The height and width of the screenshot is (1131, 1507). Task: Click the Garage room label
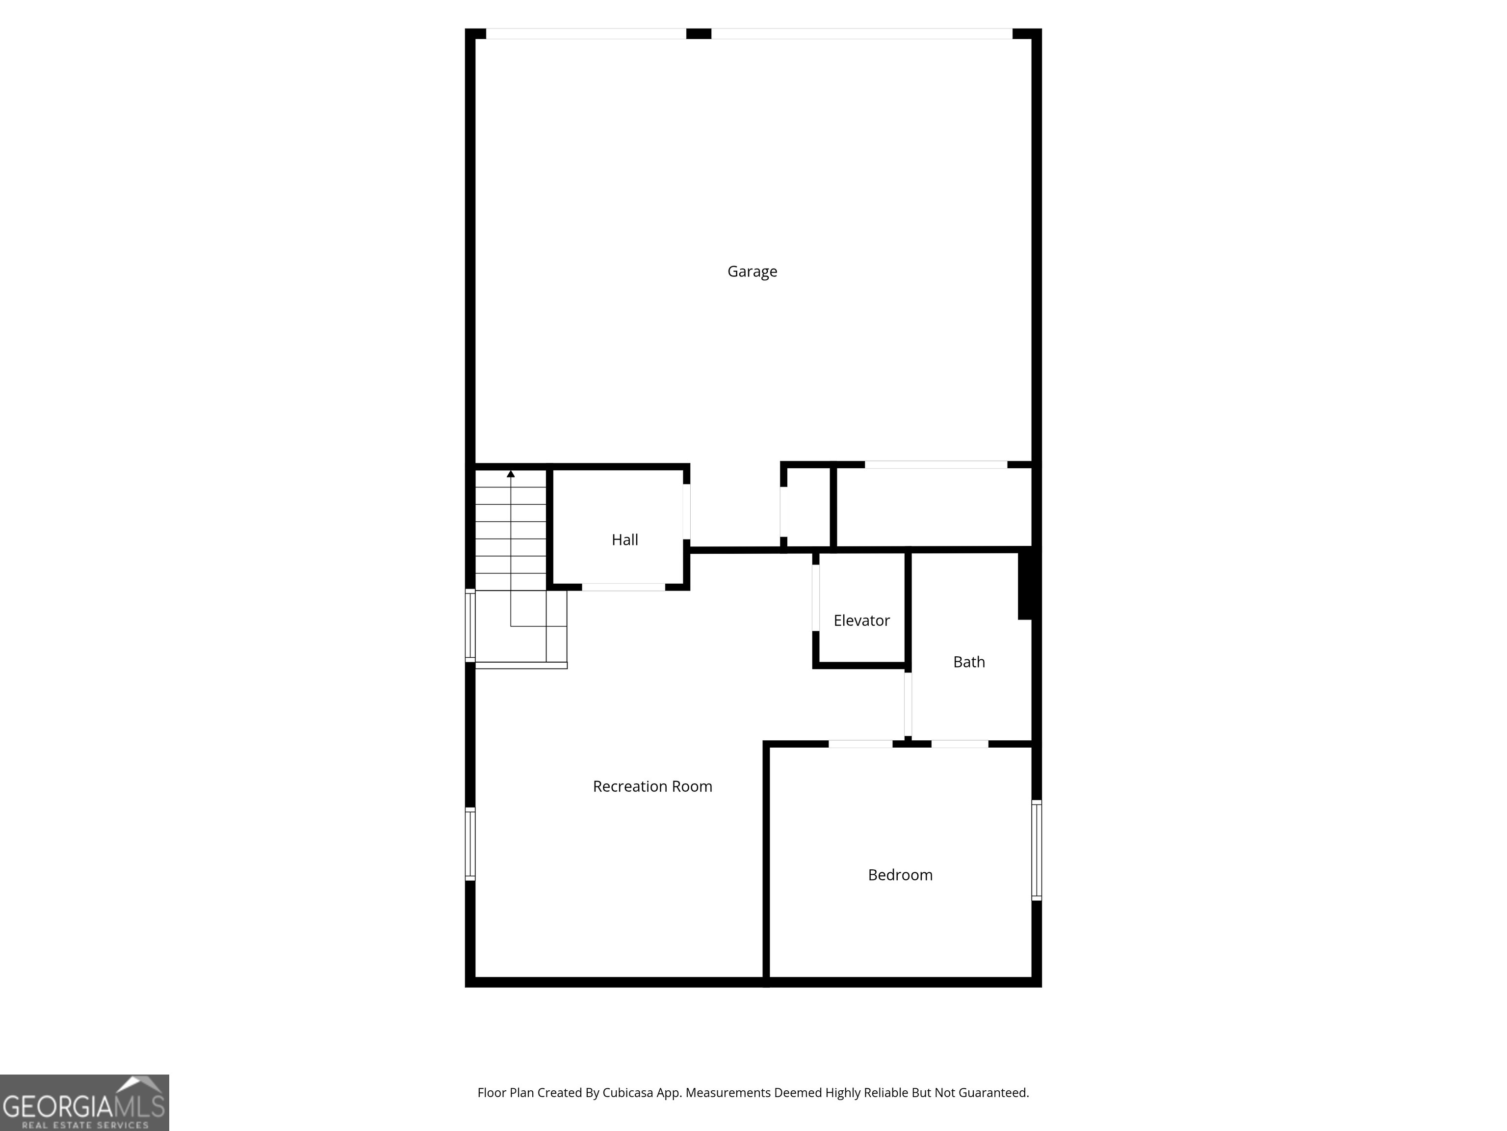pyautogui.click(x=752, y=271)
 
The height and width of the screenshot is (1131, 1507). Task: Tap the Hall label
pyautogui.click(x=625, y=540)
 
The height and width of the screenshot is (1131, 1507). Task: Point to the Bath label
pyautogui.click(x=969, y=662)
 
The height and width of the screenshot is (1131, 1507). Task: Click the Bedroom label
pyautogui.click(x=900, y=875)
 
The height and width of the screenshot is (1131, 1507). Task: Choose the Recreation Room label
pyautogui.click(x=652, y=786)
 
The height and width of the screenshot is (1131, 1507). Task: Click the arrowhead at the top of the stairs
pyautogui.click(x=511, y=474)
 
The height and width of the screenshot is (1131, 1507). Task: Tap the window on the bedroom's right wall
pyautogui.click(x=1036, y=850)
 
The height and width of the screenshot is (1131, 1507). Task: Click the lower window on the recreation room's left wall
pyautogui.click(x=470, y=843)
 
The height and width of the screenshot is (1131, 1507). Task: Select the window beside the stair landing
pyautogui.click(x=470, y=625)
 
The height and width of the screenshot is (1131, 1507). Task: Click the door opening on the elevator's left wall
pyautogui.click(x=815, y=598)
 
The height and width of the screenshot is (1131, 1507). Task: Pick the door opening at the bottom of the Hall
pyautogui.click(x=624, y=587)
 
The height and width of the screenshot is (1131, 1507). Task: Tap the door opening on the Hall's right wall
pyautogui.click(x=687, y=512)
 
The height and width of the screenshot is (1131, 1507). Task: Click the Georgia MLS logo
pyautogui.click(x=84, y=1103)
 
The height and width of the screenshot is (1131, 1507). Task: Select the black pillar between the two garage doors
pyautogui.click(x=699, y=33)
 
